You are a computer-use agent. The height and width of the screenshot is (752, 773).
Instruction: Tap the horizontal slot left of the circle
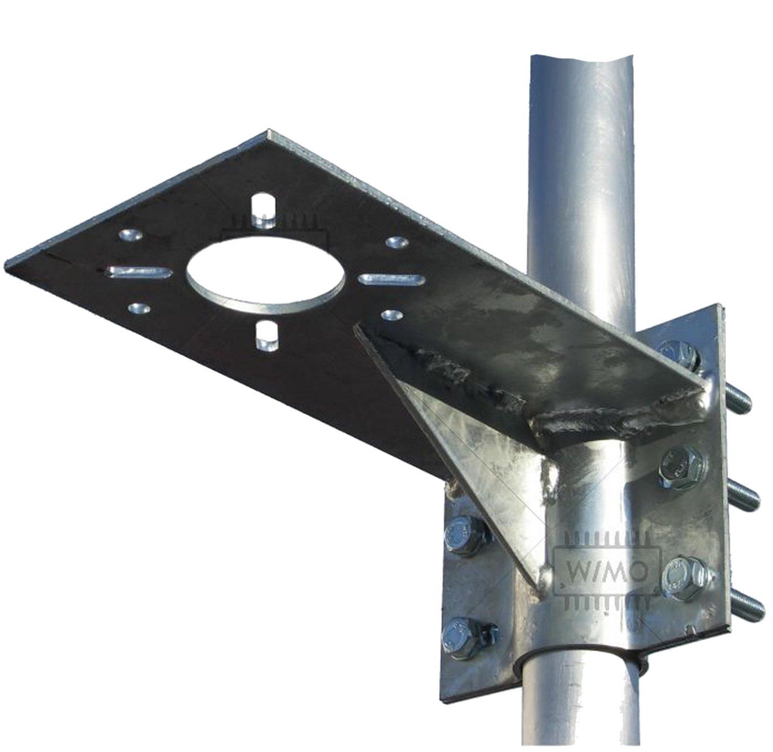[140, 272]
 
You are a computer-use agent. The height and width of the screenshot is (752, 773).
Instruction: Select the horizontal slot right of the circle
[391, 279]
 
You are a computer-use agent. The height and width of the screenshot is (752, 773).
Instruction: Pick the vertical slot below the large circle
[267, 336]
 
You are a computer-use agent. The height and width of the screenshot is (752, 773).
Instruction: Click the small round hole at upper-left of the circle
[130, 235]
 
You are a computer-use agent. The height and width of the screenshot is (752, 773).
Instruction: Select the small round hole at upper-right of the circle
[397, 242]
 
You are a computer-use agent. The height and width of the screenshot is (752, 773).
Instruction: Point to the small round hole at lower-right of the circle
[392, 315]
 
